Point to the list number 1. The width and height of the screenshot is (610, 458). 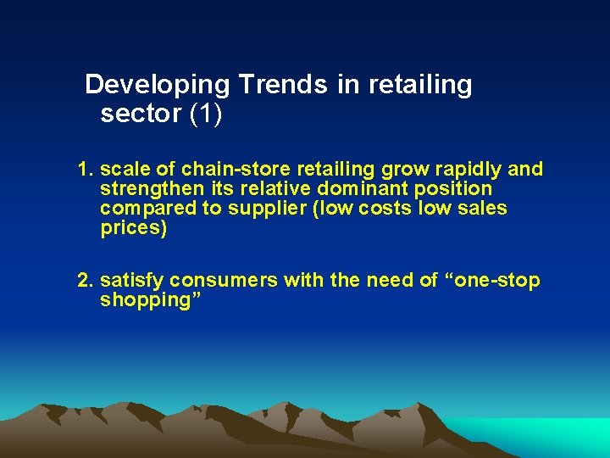point(84,170)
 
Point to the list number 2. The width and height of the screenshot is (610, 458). point(84,281)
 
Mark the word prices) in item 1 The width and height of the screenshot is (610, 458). point(133,228)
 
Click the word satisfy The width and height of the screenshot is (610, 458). point(132,281)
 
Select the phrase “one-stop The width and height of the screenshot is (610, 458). point(491,281)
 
